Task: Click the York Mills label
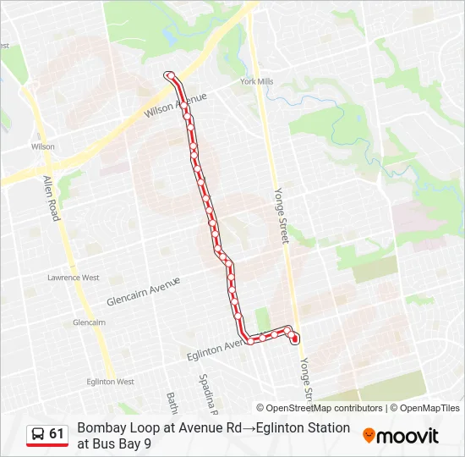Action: [256, 82]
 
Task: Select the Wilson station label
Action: [43, 146]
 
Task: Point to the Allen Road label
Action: [51, 198]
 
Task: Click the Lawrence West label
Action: [73, 278]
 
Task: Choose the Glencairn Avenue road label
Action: [144, 292]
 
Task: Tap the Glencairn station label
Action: [89, 322]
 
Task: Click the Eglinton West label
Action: [110, 382]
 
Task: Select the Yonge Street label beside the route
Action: [280, 216]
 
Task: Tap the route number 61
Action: [57, 434]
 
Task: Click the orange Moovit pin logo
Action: [369, 436]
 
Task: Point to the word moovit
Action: [408, 437]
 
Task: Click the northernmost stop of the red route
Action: [169, 75]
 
